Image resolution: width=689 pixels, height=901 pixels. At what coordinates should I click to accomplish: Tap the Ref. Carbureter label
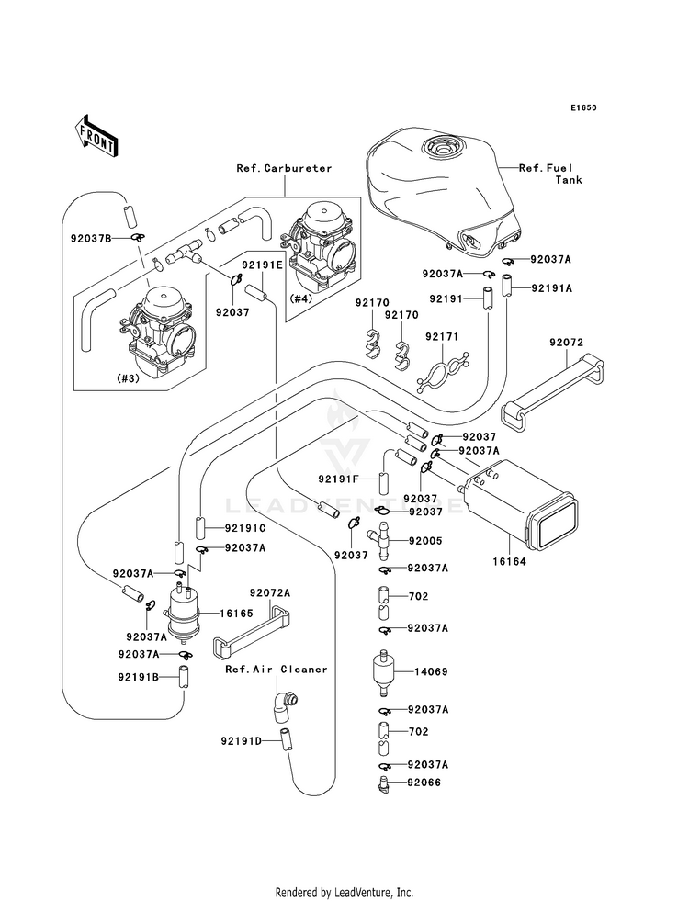coord(284,168)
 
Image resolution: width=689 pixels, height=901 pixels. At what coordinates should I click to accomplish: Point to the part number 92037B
coord(91,239)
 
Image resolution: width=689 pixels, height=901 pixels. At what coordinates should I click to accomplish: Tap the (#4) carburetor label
coord(303,298)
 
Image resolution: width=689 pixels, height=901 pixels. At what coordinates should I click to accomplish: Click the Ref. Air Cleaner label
coord(276,670)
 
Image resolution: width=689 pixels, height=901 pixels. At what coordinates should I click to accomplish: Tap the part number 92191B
coord(139,677)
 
